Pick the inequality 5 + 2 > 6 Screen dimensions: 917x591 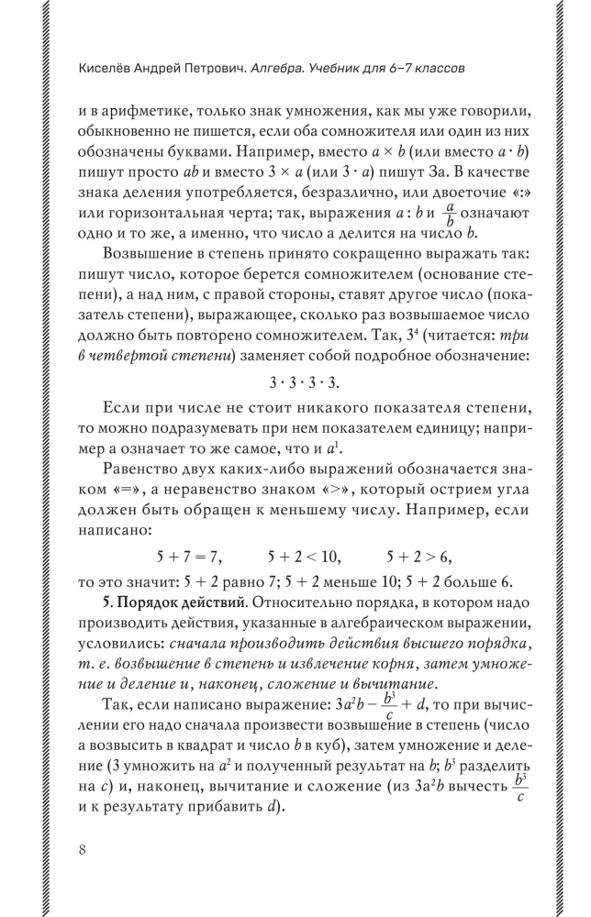[419, 557]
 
